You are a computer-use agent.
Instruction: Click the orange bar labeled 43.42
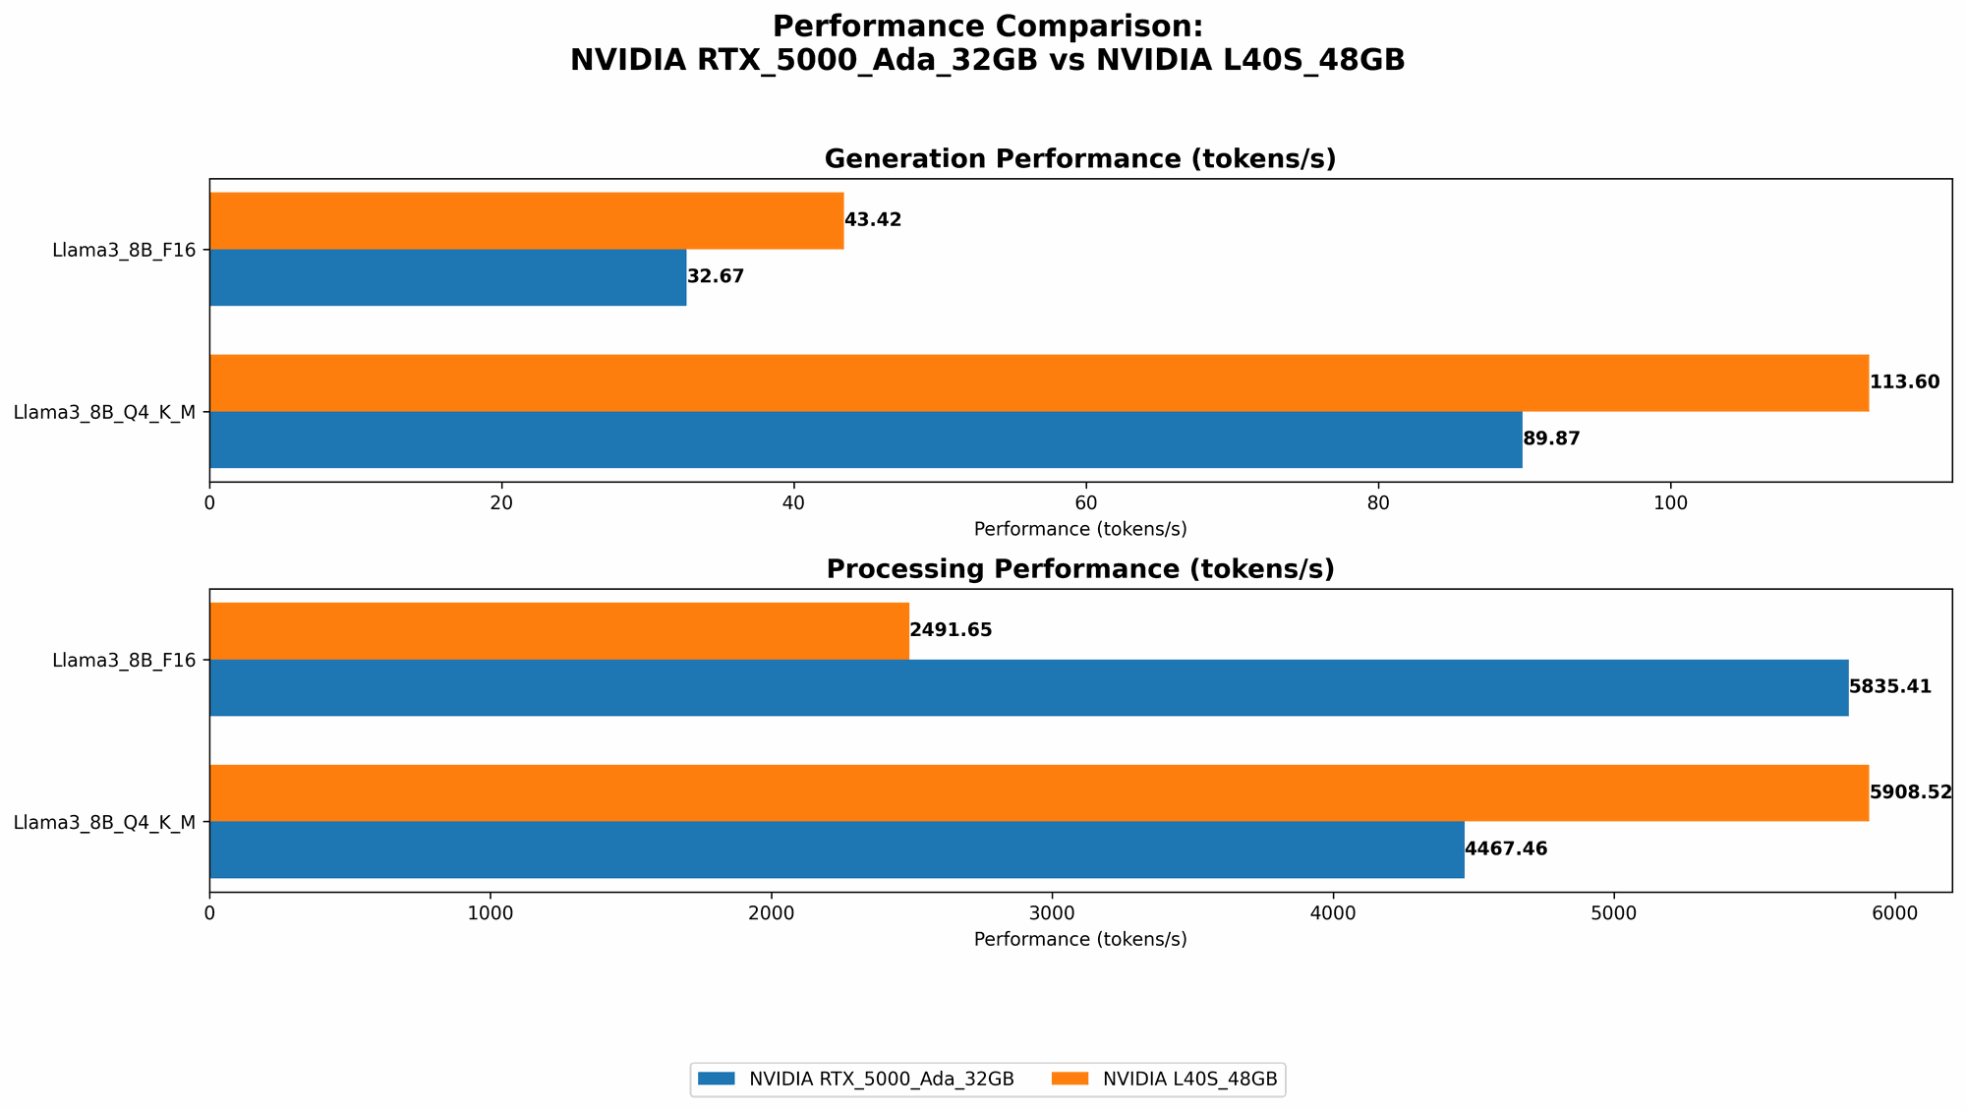pos(526,220)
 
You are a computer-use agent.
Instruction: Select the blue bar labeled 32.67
pos(447,277)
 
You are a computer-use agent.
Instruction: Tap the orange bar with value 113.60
pos(1038,382)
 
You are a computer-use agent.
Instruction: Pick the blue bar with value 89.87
pos(865,439)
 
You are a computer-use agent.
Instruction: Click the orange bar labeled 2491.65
pos(558,630)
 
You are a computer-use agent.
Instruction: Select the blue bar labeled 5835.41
pos(1028,687)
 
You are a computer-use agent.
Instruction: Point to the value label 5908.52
pos(1910,792)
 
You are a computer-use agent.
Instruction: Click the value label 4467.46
pos(1506,849)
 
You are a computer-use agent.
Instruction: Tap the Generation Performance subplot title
pos(1079,159)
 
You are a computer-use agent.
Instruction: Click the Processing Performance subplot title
pos(1079,569)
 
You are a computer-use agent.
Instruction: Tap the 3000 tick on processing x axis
pos(1052,913)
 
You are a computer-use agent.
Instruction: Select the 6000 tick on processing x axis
pos(1894,913)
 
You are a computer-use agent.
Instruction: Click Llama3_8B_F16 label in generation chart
pos(124,250)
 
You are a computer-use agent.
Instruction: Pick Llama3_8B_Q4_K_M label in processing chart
pos(104,822)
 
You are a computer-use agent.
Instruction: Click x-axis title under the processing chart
pos(1079,939)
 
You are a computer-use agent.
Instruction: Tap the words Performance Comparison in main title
pos(986,27)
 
